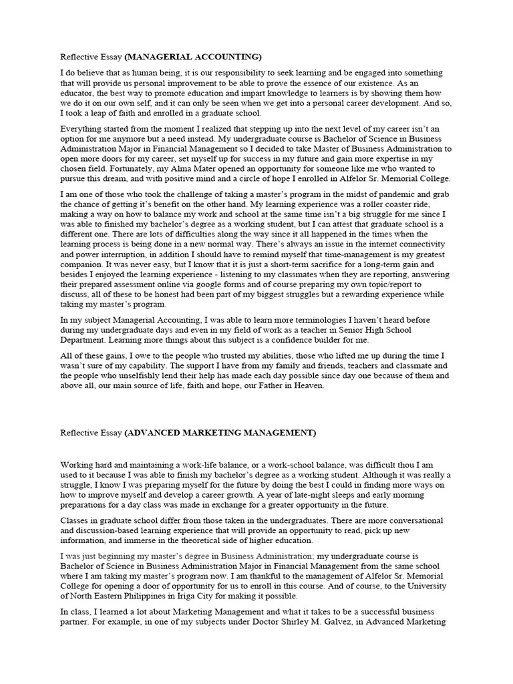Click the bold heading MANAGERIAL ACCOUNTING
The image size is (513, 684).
pyautogui.click(x=193, y=57)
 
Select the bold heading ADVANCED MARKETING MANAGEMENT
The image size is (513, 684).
pyautogui.click(x=220, y=433)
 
